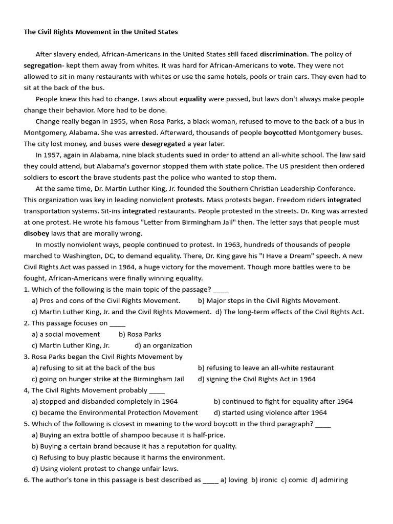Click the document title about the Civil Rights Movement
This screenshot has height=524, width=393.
(x=101, y=32)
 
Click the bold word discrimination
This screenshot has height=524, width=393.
(x=283, y=54)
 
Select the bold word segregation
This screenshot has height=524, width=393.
(x=42, y=65)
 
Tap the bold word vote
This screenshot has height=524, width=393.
(x=286, y=65)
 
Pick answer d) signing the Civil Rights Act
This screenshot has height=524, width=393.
(x=256, y=379)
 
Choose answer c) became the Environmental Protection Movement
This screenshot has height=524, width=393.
(x=115, y=412)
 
